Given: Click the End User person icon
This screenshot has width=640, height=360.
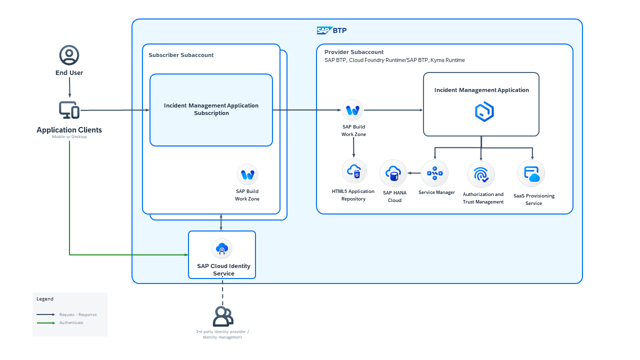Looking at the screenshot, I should pyautogui.click(x=69, y=55).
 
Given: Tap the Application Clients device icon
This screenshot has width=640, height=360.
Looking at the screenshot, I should pyautogui.click(x=69, y=110).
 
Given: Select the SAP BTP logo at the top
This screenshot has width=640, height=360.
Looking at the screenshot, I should pyautogui.click(x=331, y=30).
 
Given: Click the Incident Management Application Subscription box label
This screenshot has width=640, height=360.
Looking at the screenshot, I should pyautogui.click(x=211, y=109).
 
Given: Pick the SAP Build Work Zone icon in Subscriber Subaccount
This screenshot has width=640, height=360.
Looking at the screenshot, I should pyautogui.click(x=247, y=174).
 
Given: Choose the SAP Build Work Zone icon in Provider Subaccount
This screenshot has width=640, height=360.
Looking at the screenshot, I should pyautogui.click(x=353, y=110).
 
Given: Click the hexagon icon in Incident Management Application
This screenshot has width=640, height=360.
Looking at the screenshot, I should pyautogui.click(x=483, y=112).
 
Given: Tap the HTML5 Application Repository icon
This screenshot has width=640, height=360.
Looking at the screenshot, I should pyautogui.click(x=354, y=171).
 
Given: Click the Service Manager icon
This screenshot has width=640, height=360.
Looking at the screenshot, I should pyautogui.click(x=434, y=173).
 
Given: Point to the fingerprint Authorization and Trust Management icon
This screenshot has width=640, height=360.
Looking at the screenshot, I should pyautogui.click(x=481, y=174).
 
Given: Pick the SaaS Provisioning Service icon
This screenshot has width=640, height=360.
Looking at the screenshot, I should pyautogui.click(x=531, y=174).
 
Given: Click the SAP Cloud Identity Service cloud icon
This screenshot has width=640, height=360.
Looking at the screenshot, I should pyautogui.click(x=221, y=248).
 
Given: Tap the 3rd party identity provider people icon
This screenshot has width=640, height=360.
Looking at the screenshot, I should pyautogui.click(x=222, y=316).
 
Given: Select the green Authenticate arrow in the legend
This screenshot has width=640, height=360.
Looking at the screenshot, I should pyautogui.click(x=45, y=323).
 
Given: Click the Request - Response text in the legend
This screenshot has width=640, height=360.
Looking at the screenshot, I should pyautogui.click(x=78, y=314).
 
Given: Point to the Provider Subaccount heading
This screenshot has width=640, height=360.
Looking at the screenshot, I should pyautogui.click(x=354, y=52).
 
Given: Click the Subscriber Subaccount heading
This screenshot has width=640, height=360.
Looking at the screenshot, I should pyautogui.click(x=181, y=55).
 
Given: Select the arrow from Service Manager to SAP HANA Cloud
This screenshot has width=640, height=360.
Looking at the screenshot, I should pyautogui.click(x=414, y=173).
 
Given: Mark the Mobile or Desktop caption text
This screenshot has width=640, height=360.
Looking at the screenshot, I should pyautogui.click(x=69, y=137).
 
